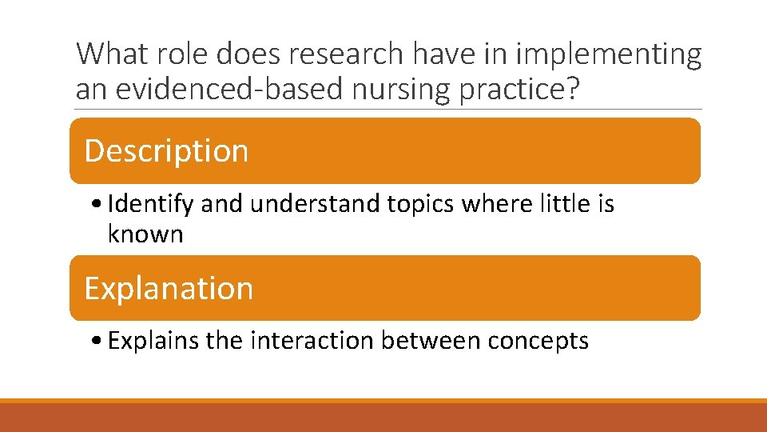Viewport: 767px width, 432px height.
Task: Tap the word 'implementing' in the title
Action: coord(610,54)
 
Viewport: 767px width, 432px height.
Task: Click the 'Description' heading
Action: coord(166,150)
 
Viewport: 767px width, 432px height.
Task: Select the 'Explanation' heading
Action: coord(169,288)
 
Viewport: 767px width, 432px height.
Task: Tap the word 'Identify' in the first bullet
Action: coord(150,204)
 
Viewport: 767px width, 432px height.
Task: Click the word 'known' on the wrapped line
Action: coord(145,234)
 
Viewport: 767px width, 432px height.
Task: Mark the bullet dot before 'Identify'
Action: coord(96,206)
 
